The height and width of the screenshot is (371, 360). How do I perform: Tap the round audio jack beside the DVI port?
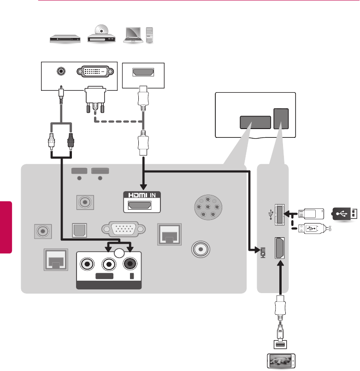tap(60, 71)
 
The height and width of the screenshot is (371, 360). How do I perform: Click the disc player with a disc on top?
tap(102, 35)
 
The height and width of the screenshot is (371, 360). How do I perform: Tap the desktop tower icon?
tap(150, 35)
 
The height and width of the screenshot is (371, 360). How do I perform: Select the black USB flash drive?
tap(343, 214)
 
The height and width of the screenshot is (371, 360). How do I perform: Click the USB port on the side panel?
tap(279, 214)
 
